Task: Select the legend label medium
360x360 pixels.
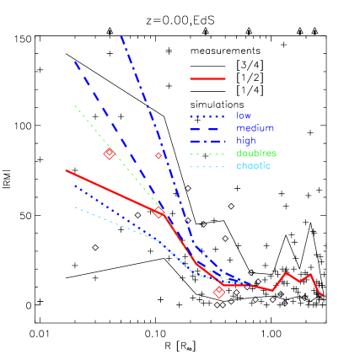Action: [255, 128]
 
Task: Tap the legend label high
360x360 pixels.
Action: [246, 141]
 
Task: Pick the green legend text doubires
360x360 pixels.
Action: [256, 153]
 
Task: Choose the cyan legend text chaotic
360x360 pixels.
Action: [254, 166]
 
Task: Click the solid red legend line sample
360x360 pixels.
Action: [207, 79]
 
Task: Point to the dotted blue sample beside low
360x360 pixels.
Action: [207, 116]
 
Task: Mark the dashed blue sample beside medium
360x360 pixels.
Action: [207, 129]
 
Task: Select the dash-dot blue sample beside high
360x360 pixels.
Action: [207, 141]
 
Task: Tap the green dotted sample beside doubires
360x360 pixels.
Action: [207, 153]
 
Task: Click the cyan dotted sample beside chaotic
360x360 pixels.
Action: [207, 166]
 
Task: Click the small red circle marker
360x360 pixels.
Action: [159, 155]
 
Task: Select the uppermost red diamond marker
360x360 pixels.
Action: [109, 153]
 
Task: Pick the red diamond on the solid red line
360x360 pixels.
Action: [159, 212]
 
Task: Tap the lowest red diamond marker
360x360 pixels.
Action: [219, 293]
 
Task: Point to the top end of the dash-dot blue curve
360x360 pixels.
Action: [121, 35]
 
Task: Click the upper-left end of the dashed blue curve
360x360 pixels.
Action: [74, 61]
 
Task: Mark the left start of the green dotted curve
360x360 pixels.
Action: [75, 105]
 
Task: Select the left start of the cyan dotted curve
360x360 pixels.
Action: [74, 207]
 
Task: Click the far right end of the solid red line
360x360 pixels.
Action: [323, 295]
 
